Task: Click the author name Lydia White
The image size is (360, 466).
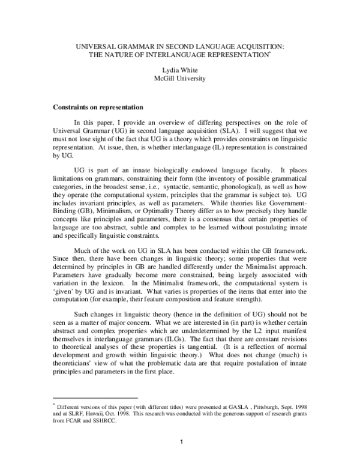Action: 179,70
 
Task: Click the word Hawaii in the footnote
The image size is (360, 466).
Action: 101,413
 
